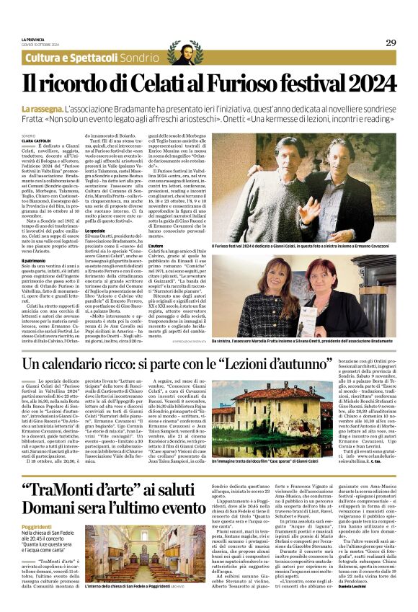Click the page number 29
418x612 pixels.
click(390, 43)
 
